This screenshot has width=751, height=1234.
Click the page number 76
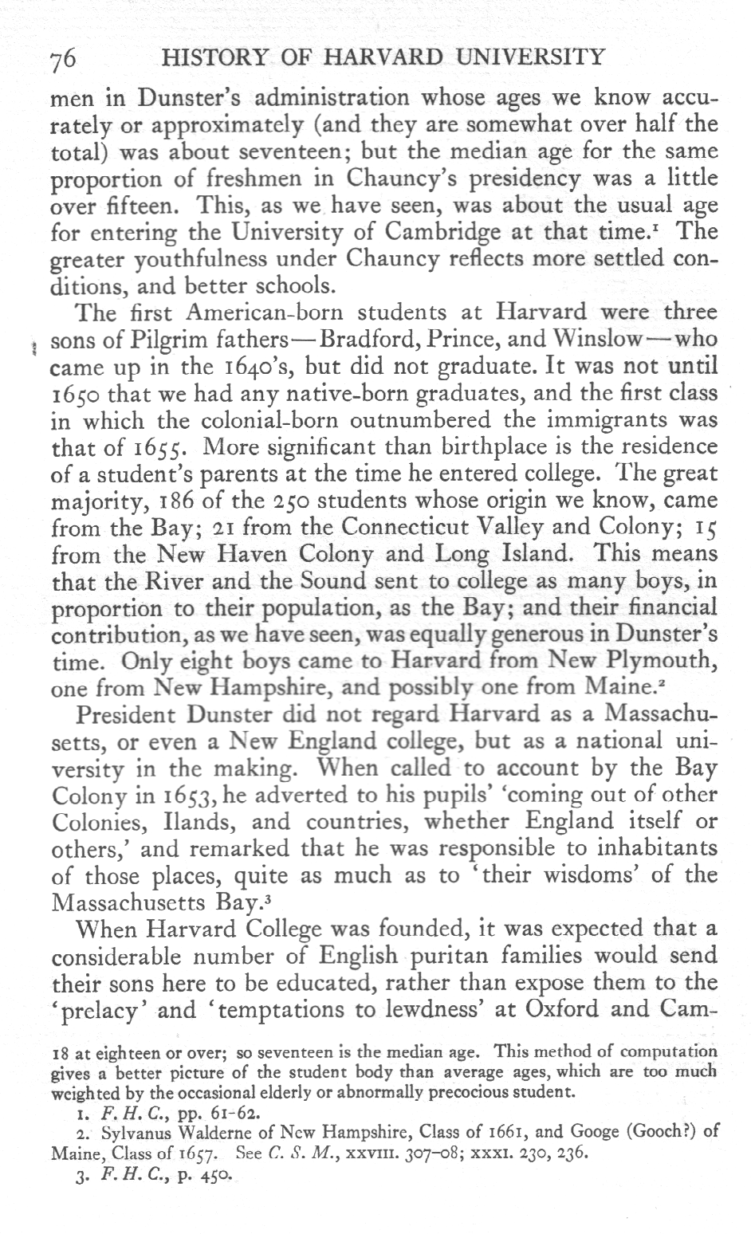click(x=62, y=59)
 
